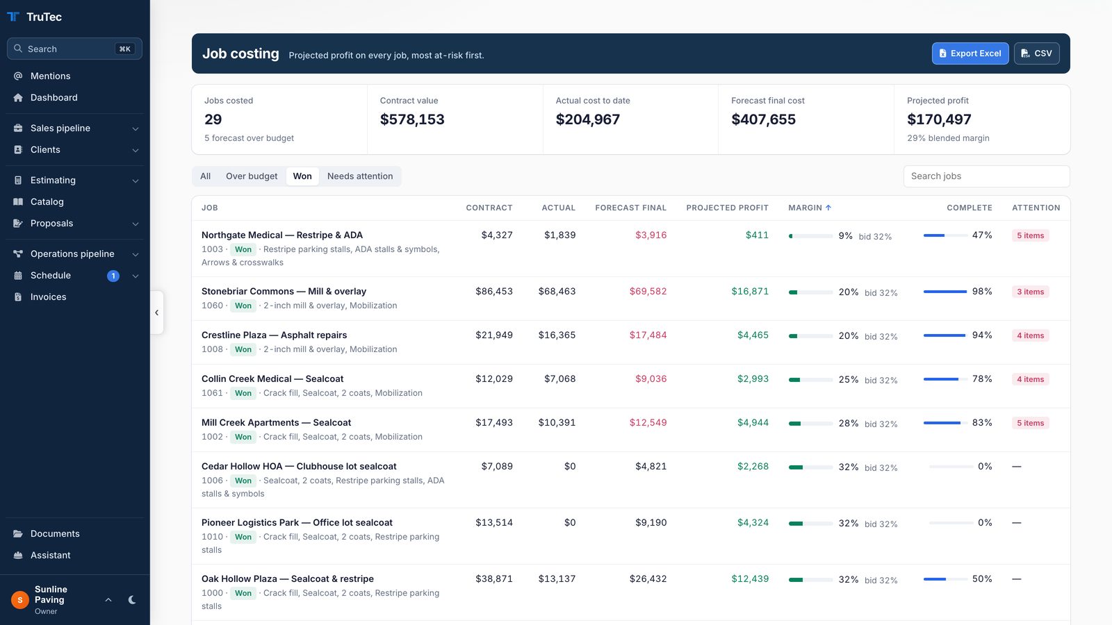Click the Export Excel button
(x=970, y=53)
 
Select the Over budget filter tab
(x=252, y=176)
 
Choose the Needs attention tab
(x=360, y=176)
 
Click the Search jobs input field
(x=986, y=176)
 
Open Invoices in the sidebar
(x=48, y=297)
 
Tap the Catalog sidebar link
(x=47, y=201)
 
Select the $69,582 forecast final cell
(x=648, y=291)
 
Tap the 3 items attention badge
(x=1030, y=292)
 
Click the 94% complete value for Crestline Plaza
(x=982, y=335)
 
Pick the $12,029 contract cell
(x=494, y=378)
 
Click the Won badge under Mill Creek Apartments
(x=243, y=437)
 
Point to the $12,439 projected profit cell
(x=750, y=578)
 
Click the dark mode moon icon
(x=132, y=600)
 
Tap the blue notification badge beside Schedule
(x=113, y=276)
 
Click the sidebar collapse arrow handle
(x=157, y=312)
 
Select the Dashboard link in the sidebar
(x=54, y=97)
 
